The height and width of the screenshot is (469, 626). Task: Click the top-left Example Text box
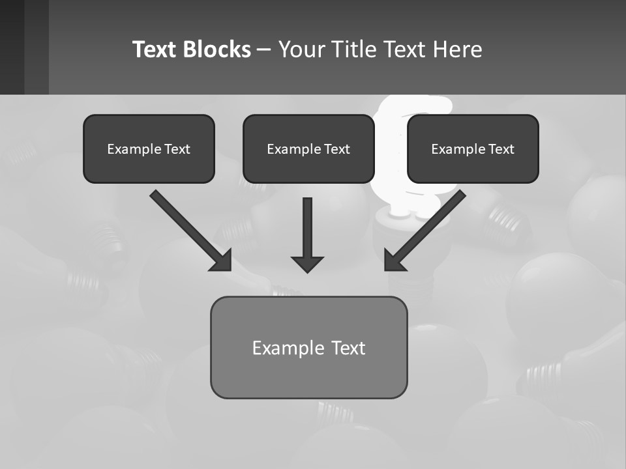149,149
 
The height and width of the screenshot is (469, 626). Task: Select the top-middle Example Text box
308,149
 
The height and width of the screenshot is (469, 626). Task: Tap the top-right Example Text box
473,149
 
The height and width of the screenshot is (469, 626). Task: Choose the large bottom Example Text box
308,347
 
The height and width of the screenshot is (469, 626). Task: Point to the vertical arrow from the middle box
307,228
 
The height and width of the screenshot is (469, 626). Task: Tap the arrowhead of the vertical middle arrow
307,264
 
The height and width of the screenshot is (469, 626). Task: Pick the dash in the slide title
264,50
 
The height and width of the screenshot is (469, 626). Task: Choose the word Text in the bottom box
348,347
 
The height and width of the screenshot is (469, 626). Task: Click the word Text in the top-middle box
337,149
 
